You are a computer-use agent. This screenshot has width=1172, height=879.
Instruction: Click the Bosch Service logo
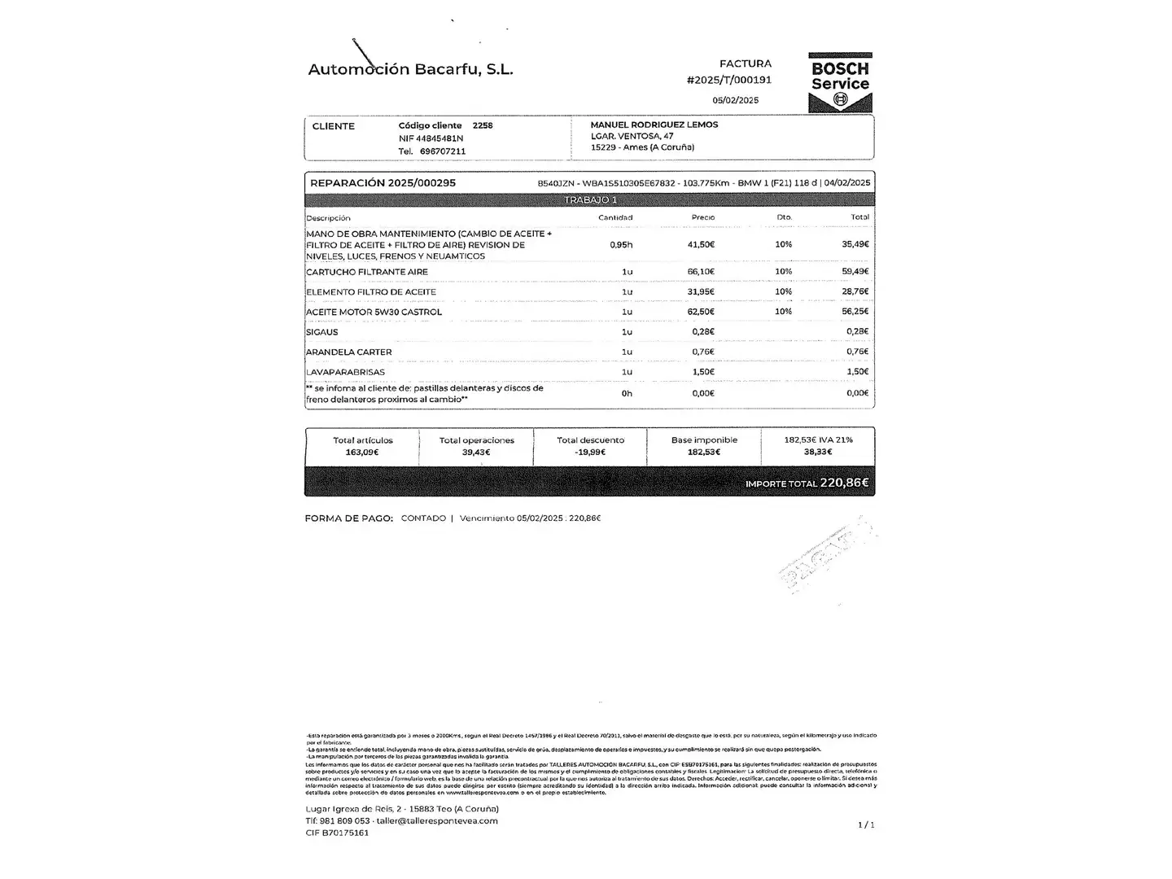pos(840,82)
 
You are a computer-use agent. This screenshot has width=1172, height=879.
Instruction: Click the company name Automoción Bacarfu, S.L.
pos(410,69)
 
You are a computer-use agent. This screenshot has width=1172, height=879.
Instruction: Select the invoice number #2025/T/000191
pos(729,80)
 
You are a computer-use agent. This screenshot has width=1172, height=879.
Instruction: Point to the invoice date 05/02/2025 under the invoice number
pos(735,100)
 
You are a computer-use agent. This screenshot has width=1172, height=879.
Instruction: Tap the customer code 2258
pos(483,125)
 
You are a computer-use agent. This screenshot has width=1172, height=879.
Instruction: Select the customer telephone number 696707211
pos(443,151)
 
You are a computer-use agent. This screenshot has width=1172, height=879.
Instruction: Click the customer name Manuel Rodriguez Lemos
pos(654,125)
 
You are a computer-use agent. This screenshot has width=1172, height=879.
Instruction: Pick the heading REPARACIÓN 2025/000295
pos(383,183)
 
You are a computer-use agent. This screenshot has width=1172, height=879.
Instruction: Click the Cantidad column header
pos(615,217)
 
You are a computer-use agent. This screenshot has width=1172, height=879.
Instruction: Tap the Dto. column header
pos(784,217)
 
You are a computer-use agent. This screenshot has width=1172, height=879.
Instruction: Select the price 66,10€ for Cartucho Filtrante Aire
pos(701,272)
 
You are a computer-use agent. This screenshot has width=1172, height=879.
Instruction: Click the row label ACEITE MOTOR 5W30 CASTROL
pos(374,312)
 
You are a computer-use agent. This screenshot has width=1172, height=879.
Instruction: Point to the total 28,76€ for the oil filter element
pos(855,291)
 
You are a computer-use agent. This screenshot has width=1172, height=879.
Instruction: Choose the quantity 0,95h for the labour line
pos(621,245)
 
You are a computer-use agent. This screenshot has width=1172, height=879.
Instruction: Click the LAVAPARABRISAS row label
pos(345,372)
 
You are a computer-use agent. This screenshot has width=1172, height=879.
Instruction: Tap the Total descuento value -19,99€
pos(590,452)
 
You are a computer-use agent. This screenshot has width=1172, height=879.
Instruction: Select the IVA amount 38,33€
pos(818,451)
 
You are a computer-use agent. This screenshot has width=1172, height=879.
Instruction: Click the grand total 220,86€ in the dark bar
pos(844,483)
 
